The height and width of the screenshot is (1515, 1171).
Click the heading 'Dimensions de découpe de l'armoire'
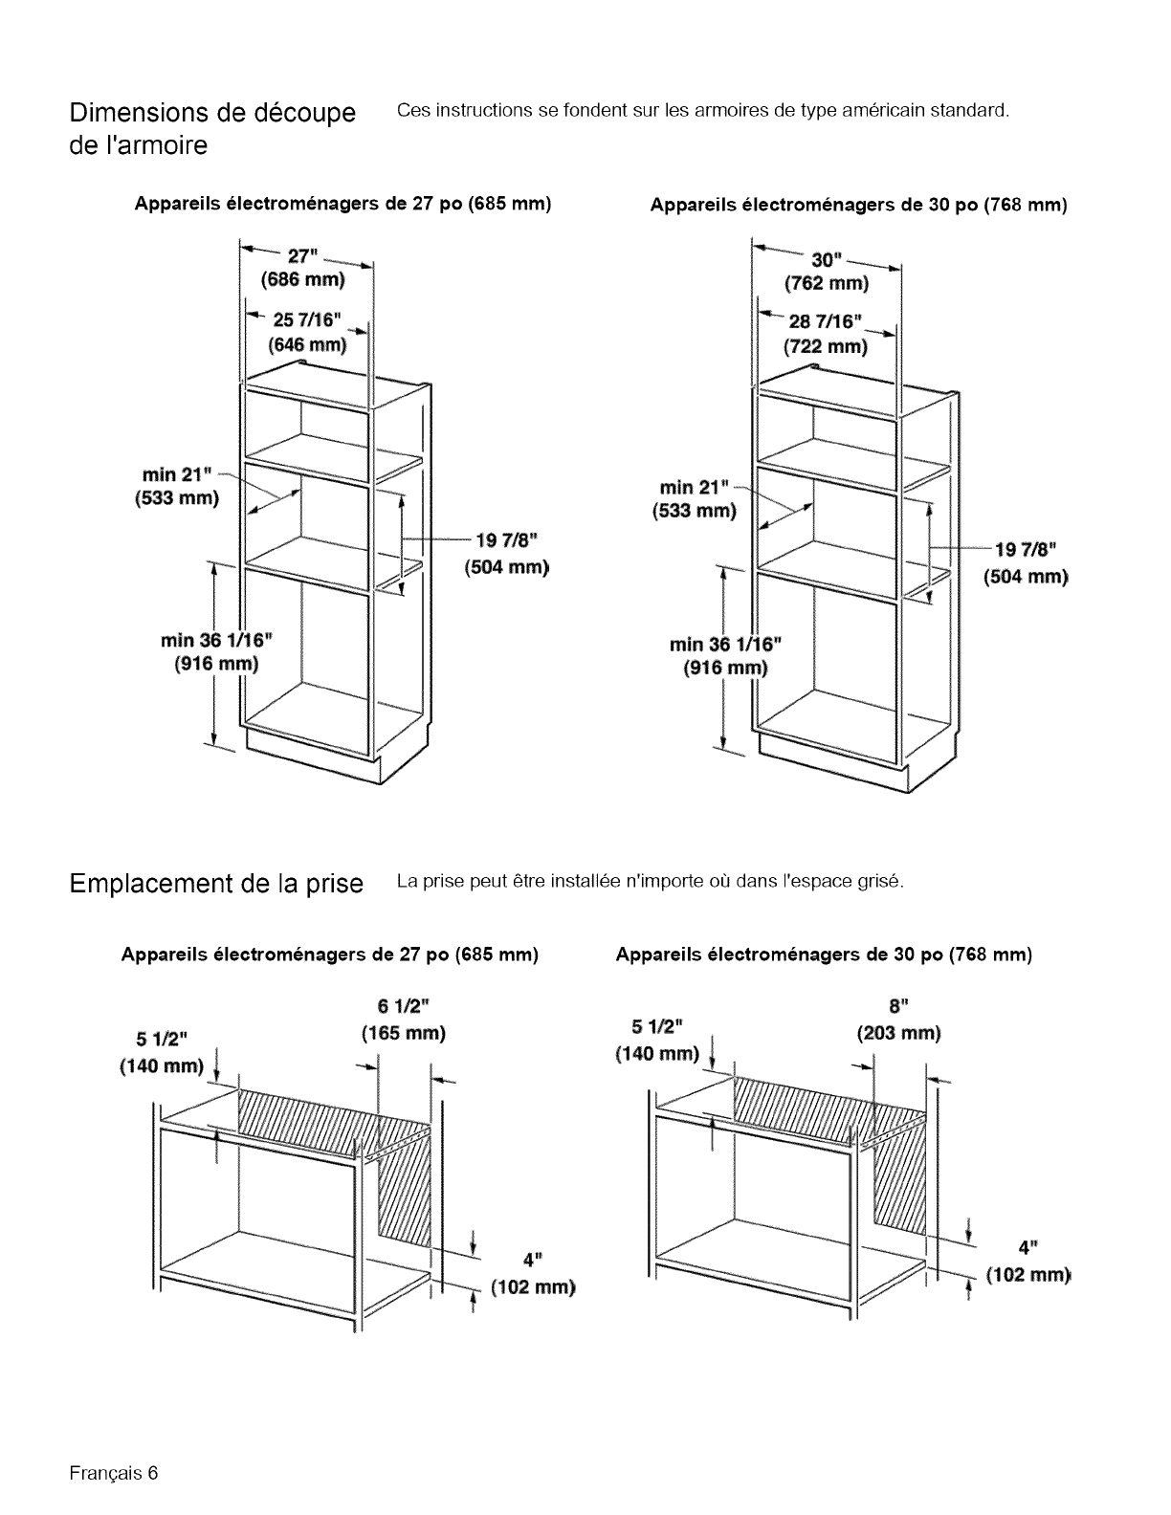coord(211,130)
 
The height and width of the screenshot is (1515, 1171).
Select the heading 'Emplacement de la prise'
coord(216,883)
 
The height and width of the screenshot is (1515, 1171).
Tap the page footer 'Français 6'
coord(112,1472)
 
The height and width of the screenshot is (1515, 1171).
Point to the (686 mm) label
coord(302,280)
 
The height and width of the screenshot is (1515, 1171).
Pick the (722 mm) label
coord(825,346)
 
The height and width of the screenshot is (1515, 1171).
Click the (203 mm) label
coord(898,1033)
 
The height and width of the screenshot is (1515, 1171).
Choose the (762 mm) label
coord(826,283)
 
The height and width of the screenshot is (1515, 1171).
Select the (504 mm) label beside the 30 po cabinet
coord(1026,577)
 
